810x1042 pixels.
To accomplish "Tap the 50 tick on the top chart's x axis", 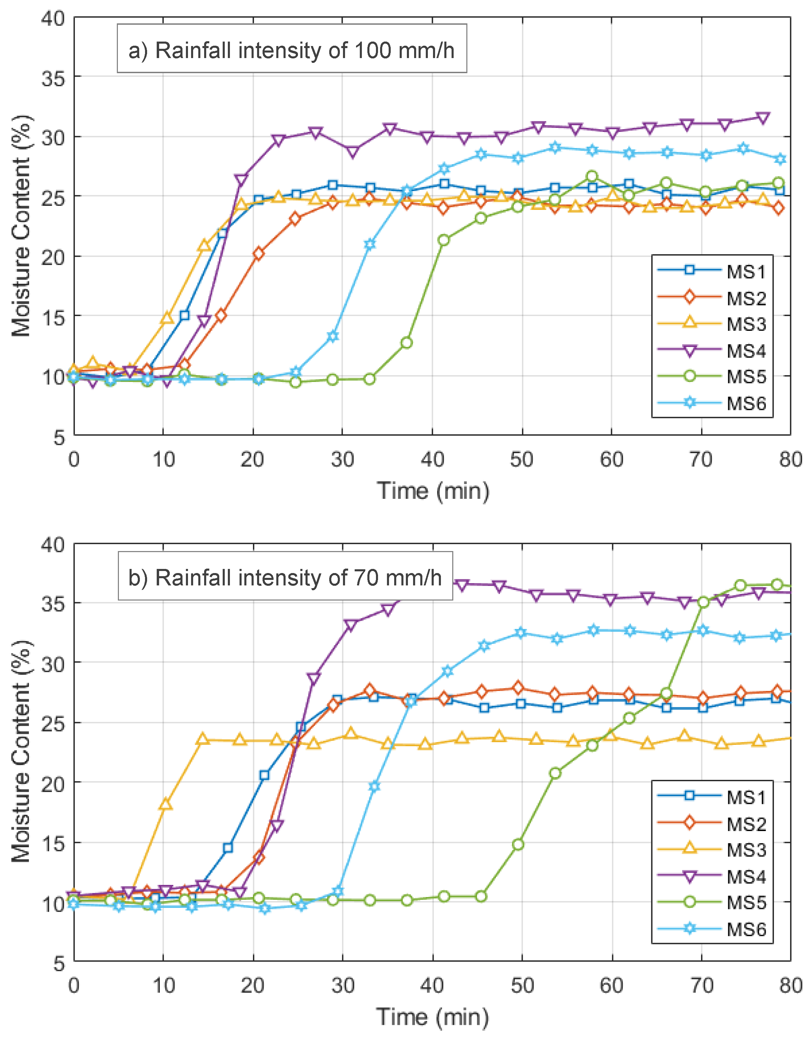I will pos(521,459).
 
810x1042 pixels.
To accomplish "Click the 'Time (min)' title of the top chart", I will pos(433,491).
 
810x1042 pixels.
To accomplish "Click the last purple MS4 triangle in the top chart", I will pos(763,118).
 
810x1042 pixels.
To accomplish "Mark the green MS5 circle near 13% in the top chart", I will pos(406,343).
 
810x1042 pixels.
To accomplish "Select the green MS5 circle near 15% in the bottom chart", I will pos(518,844).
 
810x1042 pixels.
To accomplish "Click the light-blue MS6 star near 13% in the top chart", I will pos(333,336).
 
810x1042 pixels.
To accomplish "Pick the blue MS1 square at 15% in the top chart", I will pos(184,315).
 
